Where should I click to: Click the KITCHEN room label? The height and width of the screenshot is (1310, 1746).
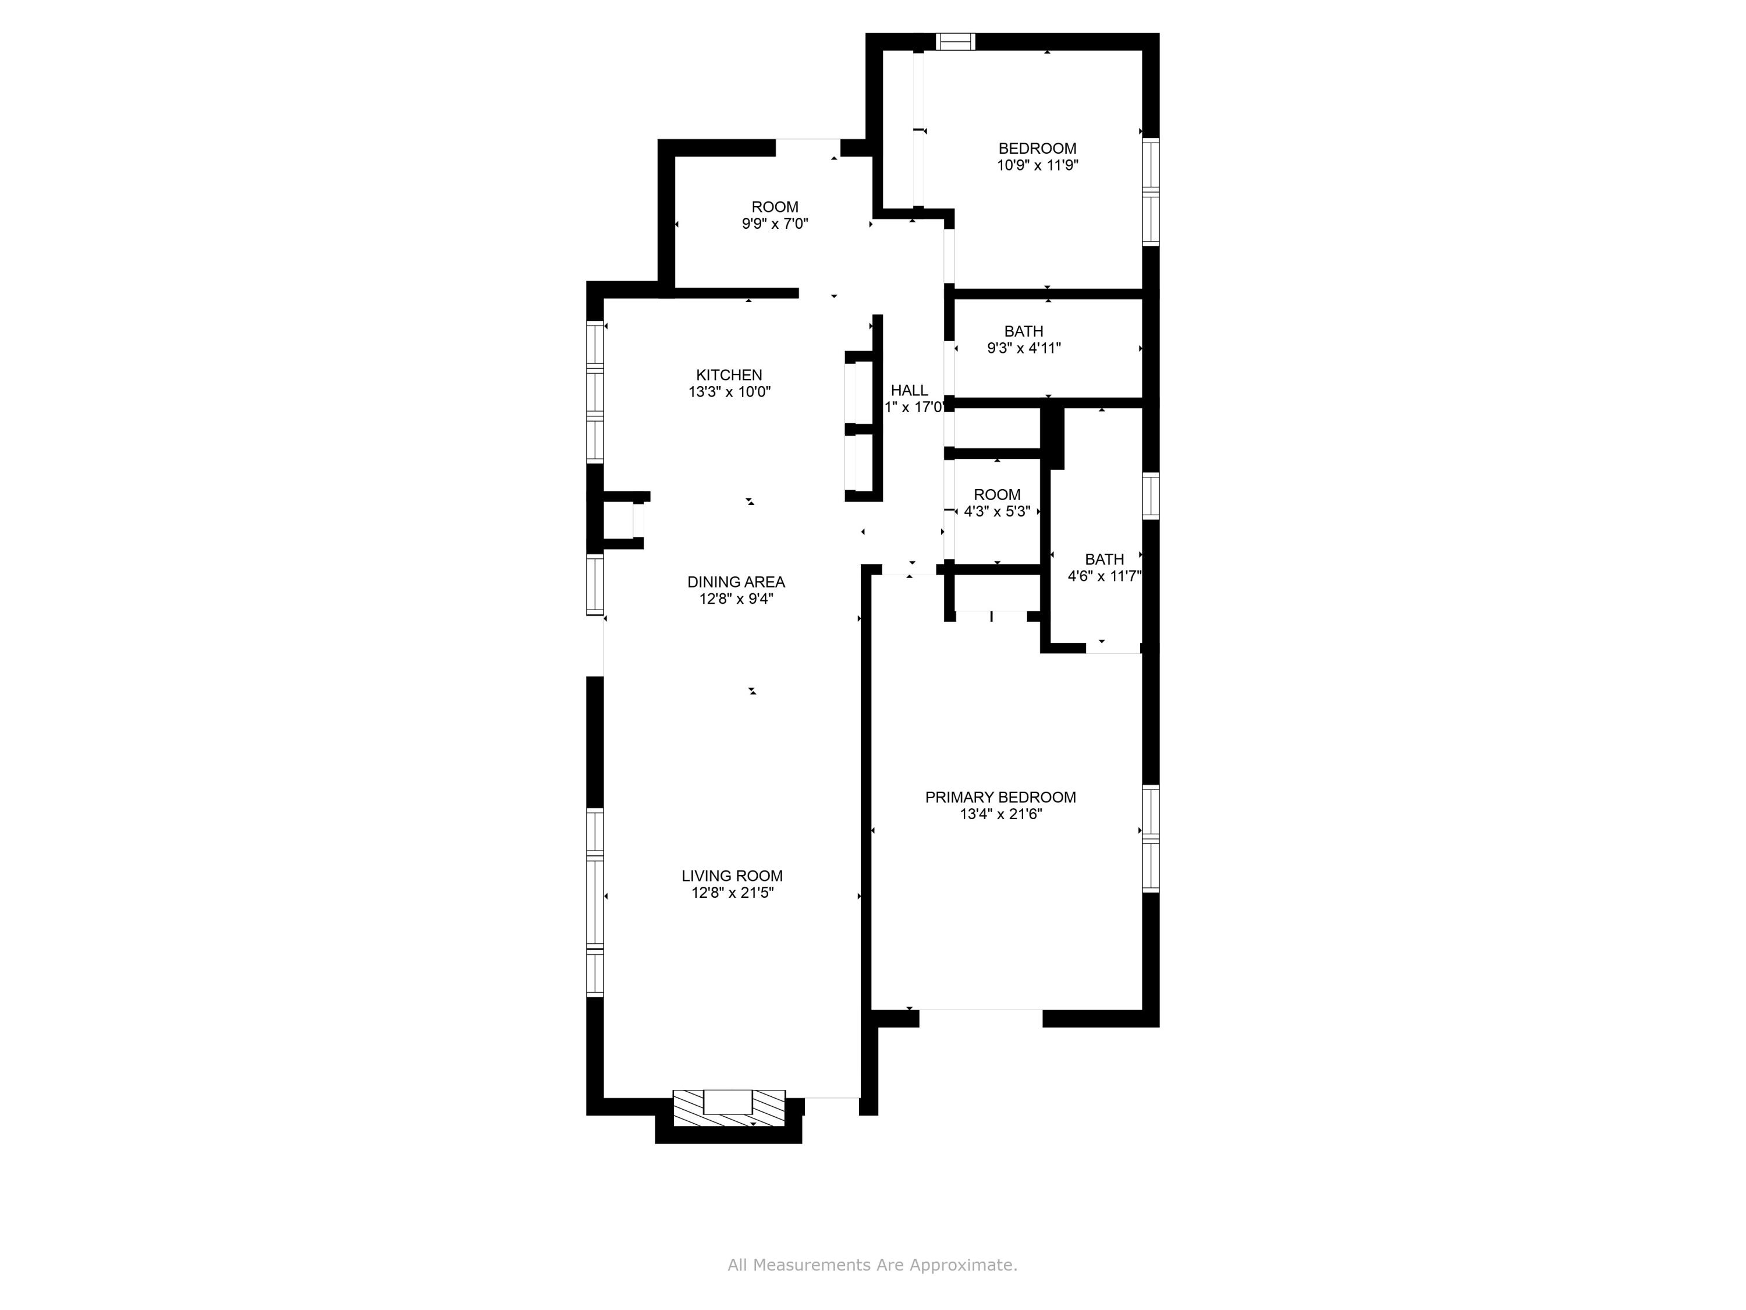[x=729, y=375]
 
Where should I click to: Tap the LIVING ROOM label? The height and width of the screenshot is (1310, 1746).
[x=732, y=876]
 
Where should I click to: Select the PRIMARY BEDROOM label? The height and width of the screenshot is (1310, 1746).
[x=1000, y=798]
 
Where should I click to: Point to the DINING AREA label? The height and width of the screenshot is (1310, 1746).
[x=736, y=582]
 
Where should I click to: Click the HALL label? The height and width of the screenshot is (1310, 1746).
[x=909, y=390]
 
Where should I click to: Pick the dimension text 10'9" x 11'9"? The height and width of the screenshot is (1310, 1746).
[x=1037, y=165]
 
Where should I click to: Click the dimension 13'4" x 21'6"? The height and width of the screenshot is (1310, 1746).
[x=1000, y=814]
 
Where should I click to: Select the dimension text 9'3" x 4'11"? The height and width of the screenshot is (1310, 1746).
[x=1024, y=348]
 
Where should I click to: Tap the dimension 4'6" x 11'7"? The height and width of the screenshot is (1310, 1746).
[x=1104, y=576]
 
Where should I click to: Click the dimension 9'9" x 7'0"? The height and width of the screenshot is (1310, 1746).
[x=774, y=224]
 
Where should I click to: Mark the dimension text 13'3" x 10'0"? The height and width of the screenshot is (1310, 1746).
[x=729, y=392]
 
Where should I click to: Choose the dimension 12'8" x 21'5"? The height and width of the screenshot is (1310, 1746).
[x=732, y=893]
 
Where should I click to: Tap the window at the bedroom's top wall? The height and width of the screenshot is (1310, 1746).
[x=955, y=42]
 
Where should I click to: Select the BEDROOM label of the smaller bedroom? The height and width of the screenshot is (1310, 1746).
[x=1037, y=148]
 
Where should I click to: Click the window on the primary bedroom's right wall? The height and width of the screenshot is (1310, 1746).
[x=1151, y=838]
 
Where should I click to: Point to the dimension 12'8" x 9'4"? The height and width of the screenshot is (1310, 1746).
[x=736, y=599]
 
